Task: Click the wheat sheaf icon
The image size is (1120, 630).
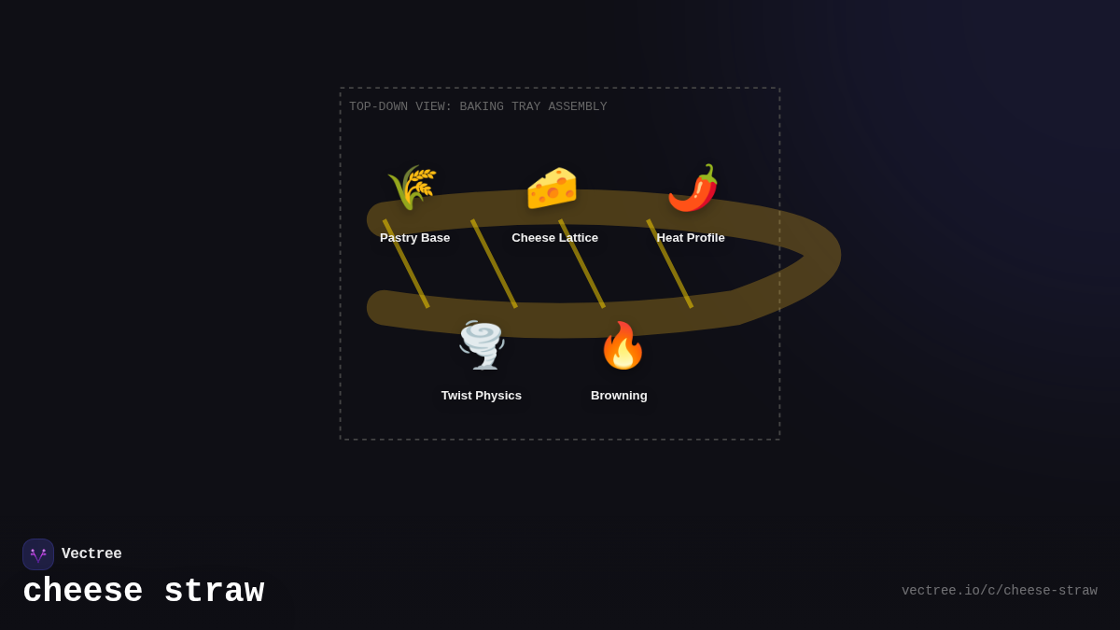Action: (413, 188)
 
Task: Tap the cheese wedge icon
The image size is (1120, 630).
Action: (552, 188)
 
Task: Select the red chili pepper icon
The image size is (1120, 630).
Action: (693, 188)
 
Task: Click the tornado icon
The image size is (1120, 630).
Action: (482, 345)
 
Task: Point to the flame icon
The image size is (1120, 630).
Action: (623, 345)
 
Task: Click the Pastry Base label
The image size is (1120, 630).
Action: (415, 238)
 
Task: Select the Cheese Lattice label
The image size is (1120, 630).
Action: (555, 238)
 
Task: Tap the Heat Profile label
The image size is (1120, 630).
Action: (691, 238)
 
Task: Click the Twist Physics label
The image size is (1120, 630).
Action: (482, 396)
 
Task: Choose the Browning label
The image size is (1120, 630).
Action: (619, 396)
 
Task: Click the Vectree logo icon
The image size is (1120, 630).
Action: (38, 554)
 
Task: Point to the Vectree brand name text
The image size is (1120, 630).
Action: (91, 553)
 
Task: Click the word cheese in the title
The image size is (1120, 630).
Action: (83, 592)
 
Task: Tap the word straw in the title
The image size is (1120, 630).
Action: (214, 592)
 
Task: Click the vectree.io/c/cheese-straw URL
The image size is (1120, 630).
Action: (1000, 591)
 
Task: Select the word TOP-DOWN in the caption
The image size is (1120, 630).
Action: (379, 106)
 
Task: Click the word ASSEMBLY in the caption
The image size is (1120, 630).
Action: (578, 106)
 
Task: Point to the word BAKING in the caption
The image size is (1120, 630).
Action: (482, 106)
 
